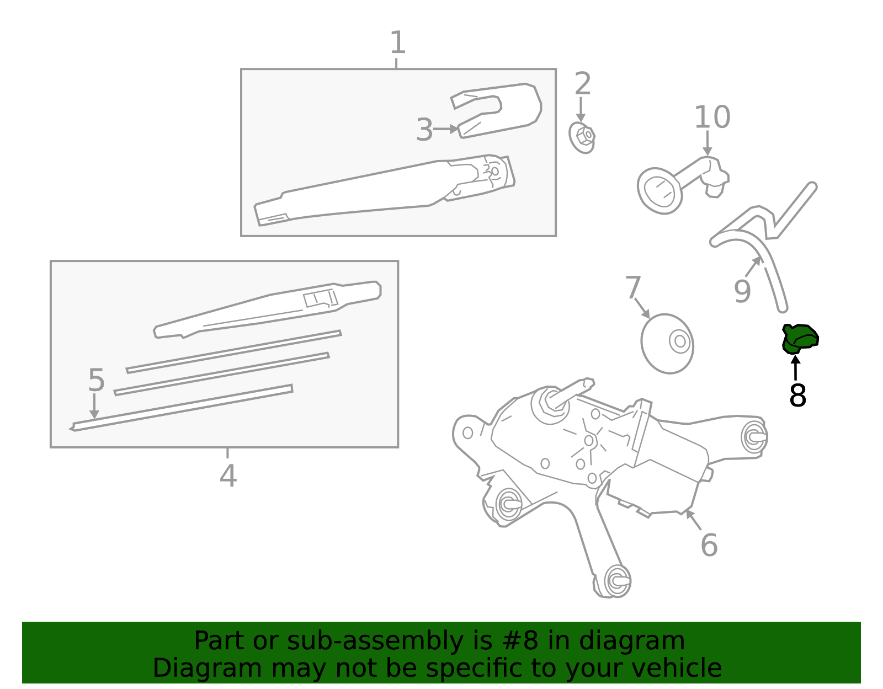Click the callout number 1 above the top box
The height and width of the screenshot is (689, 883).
point(397,42)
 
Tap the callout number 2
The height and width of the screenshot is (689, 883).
point(582,84)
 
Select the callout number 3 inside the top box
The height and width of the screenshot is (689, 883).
point(424,130)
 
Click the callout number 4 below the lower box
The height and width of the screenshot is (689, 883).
point(228,476)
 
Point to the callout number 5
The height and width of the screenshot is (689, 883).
point(96,381)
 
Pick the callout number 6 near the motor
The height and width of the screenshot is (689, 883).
point(709,545)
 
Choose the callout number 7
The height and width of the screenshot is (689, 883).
point(633,288)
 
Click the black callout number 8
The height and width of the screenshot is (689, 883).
point(797,396)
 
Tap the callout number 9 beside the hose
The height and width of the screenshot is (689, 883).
point(742,291)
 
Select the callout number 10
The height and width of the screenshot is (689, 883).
point(712,117)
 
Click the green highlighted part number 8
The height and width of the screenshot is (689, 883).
point(800,338)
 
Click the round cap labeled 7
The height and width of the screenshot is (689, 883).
point(667,344)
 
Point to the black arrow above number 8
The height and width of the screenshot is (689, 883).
point(795,367)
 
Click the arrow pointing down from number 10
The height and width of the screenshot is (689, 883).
point(708,143)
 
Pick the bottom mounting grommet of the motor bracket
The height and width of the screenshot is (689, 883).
point(617,580)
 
